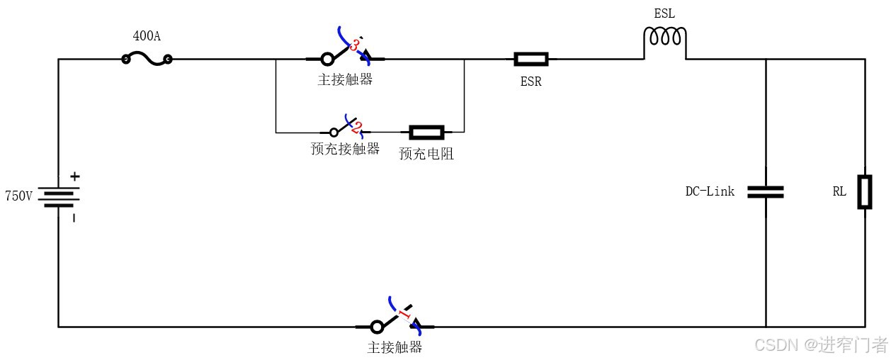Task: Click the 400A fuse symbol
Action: [x=147, y=60]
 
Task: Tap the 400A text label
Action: [x=147, y=36]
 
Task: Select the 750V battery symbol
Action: [x=59, y=196]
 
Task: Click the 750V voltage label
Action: [x=18, y=196]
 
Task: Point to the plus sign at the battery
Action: [x=74, y=176]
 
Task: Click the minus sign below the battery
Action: [x=74, y=218]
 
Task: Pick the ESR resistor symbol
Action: [x=530, y=60]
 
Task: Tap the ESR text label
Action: [x=530, y=81]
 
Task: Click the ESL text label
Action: [x=664, y=13]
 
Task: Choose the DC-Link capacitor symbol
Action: [x=766, y=191]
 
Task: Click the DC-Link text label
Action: [x=710, y=191]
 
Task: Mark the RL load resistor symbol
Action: [x=865, y=191]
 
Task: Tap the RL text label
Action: [x=839, y=191]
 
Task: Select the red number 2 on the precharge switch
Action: [x=356, y=128]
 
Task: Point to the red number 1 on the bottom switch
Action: [x=404, y=314]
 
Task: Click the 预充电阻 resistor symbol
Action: [x=426, y=132]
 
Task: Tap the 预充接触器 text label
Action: [x=345, y=149]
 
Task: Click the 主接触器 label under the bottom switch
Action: [x=395, y=347]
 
